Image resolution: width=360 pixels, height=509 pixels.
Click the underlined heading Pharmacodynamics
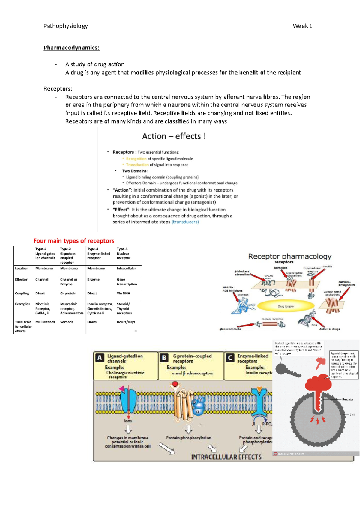coord(71,48)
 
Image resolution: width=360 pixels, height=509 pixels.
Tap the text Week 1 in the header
coord(302,26)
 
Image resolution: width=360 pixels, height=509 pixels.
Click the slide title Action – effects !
coord(174,136)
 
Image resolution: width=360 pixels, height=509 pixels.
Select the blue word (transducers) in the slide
coord(185,222)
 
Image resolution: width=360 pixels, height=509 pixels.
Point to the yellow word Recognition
coord(136,159)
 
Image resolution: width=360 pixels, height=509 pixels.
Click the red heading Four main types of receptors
coord(74,241)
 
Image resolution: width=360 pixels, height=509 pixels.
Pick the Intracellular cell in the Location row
coord(126,269)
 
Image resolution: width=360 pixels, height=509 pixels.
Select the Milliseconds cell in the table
coord(45,322)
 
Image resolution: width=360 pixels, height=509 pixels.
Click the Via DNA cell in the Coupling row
coord(123,293)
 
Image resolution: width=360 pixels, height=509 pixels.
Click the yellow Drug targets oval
coord(286,306)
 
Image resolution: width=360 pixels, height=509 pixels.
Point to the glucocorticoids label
coord(230,329)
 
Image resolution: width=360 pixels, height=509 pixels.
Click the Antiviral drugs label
coord(329,329)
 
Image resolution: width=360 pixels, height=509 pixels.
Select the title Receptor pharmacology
coord(289,257)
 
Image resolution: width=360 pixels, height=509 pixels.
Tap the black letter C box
coord(230,358)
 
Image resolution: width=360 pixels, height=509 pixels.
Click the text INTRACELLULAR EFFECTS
coord(226,457)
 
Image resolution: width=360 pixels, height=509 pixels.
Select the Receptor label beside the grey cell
coord(347,400)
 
